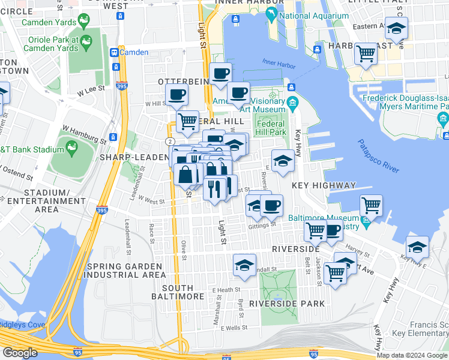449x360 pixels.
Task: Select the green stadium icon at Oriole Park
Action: click(x=86, y=41)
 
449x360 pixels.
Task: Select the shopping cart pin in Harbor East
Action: click(x=366, y=54)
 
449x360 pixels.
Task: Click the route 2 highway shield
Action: click(x=171, y=140)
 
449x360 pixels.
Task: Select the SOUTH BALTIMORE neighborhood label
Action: click(x=183, y=292)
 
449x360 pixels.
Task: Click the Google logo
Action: click(x=20, y=353)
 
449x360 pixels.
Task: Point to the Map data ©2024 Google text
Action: click(x=412, y=355)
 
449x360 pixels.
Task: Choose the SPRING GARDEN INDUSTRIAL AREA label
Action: click(x=125, y=271)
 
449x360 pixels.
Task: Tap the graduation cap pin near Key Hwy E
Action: click(x=417, y=247)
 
